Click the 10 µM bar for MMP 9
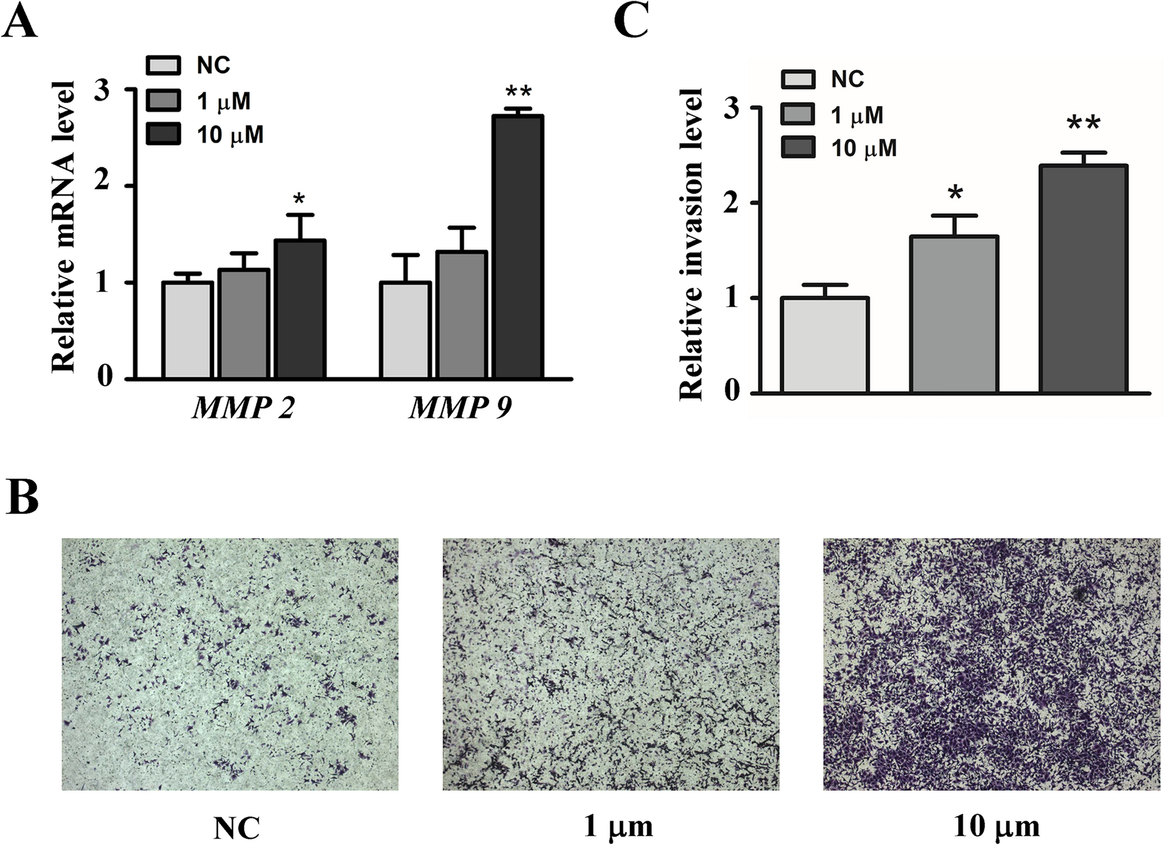519,247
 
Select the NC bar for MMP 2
188,330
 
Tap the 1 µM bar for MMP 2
244,324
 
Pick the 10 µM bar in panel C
1084,279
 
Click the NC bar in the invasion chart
825,345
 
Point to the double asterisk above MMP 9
519,92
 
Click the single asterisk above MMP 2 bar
299,199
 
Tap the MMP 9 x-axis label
460,408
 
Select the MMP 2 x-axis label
243,408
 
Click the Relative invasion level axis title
691,244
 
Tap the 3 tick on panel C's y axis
732,109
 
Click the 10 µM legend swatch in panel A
163,134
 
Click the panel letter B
22,497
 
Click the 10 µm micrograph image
991,664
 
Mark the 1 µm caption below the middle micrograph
618,827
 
